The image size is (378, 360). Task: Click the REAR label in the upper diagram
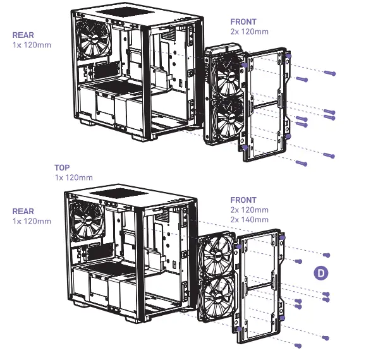[23, 36]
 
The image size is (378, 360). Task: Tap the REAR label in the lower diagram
[23, 212]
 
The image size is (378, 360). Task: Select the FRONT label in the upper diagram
[243, 22]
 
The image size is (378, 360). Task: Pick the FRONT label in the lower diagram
[243, 200]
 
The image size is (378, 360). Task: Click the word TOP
[62, 168]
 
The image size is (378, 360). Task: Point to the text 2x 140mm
[250, 219]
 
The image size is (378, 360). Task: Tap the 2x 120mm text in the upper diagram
[250, 31]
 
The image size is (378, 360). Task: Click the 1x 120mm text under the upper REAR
[32, 45]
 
